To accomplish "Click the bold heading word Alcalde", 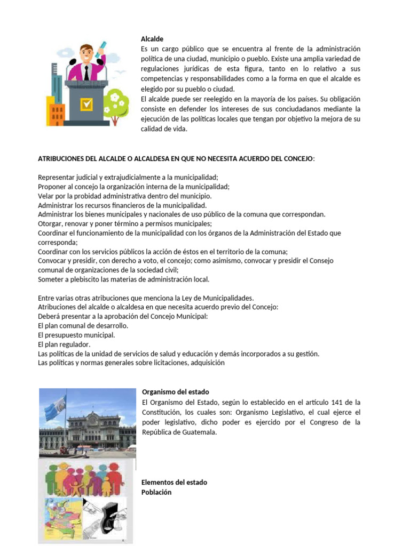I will [152, 39].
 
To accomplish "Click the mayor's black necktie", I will [86, 71].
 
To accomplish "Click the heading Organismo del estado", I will [175, 392].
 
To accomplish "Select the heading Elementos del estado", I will [174, 483].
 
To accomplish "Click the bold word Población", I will [156, 492].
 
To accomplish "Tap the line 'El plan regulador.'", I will [64, 344].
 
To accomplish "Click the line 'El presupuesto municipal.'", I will [76, 335].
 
